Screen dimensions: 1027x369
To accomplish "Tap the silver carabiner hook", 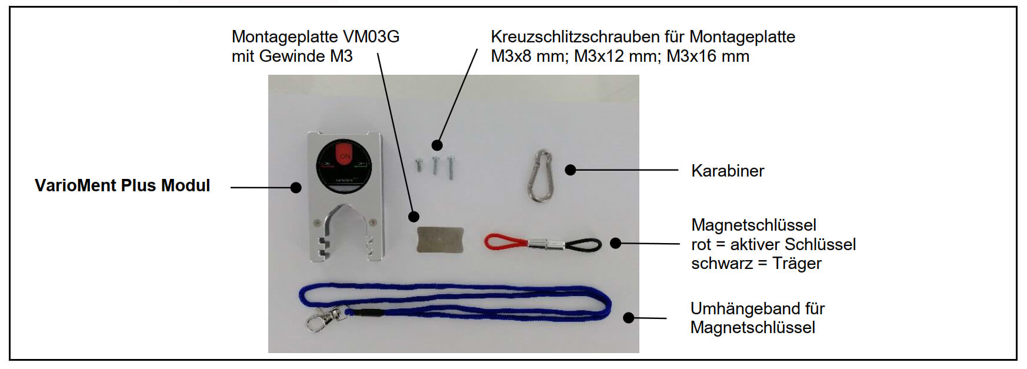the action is pos(540,175).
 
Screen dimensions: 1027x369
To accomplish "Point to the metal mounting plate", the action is pos(440,240).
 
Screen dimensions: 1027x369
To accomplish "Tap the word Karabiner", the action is pos(728,171).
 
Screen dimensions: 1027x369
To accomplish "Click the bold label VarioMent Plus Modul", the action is pos(122,185).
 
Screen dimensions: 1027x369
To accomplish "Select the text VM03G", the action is pos(371,36).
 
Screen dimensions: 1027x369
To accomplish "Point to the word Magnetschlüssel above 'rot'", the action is pos(753,225).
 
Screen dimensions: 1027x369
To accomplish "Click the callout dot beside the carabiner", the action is pos(570,170).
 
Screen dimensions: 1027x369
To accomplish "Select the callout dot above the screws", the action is pos(436,144).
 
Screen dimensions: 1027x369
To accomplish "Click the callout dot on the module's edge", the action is pos(296,188).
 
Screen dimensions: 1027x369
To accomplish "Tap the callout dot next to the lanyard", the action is pos(628,318).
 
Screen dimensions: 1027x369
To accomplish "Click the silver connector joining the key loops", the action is pos(546,242).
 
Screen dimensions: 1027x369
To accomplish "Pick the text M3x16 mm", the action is pos(708,56).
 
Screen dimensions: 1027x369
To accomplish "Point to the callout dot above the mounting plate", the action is pos(414,216).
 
